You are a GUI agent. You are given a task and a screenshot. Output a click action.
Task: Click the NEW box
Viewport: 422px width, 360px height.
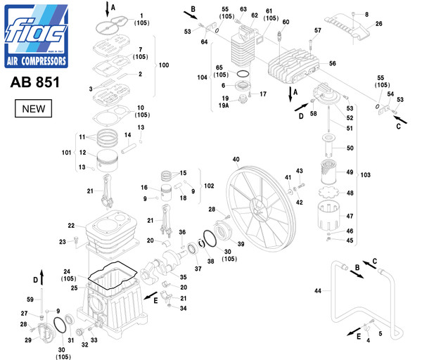click(34, 110)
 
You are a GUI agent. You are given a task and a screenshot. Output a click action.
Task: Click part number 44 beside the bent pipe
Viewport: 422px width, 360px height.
click(318, 291)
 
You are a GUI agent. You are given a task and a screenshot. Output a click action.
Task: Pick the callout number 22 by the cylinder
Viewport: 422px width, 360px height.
click(71, 226)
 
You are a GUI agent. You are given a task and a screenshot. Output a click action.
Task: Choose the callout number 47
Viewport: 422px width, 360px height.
click(350, 217)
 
